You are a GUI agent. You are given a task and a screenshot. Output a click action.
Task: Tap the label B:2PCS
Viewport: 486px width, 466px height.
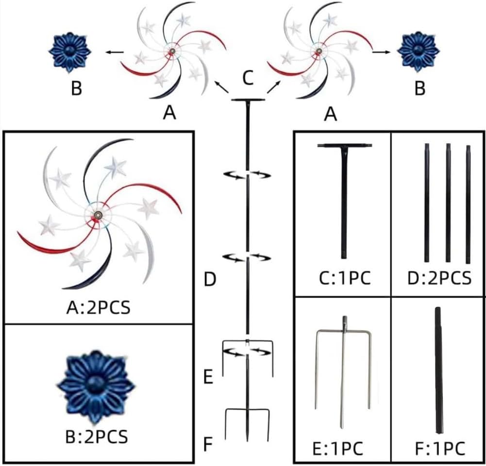[x=97, y=436]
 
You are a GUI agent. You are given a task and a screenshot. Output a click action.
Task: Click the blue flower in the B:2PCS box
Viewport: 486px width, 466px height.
[x=96, y=388]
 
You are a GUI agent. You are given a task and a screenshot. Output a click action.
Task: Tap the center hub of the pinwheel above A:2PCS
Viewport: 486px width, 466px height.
[x=98, y=214]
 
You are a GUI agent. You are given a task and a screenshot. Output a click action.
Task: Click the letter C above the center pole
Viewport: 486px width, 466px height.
[x=248, y=78]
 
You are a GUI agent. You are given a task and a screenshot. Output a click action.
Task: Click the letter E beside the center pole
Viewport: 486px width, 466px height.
[x=208, y=377]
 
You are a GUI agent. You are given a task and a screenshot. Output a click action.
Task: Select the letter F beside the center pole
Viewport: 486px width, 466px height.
[x=208, y=444]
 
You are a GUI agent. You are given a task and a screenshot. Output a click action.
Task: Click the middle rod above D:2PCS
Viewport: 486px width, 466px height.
[x=448, y=202]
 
